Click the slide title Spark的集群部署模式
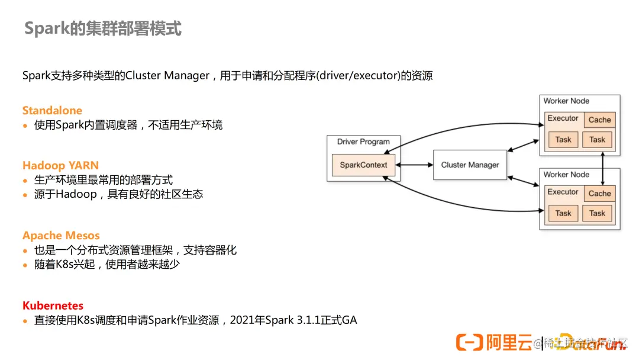102,28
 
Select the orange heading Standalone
52,111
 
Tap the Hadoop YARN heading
60,165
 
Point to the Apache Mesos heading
61,236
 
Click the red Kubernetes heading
53,306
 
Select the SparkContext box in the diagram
363,165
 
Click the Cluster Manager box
470,165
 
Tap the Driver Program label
363,142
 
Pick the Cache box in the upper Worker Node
599,120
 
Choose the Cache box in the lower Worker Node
599,194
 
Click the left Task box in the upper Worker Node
563,140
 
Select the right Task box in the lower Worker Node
597,213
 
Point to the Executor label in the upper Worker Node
563,118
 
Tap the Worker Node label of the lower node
566,175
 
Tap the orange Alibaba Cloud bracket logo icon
469,342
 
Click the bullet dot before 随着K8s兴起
25,265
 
